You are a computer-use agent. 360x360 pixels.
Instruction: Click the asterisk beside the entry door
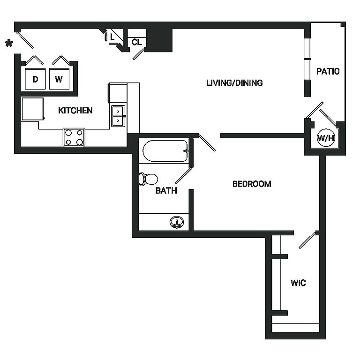point(8,44)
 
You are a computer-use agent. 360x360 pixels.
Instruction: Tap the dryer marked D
point(35,79)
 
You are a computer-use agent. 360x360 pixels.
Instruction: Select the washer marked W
point(59,79)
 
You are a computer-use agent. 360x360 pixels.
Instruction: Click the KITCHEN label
point(75,111)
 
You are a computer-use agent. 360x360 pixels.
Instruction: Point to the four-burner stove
point(74,137)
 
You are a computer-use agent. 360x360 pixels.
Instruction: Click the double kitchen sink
point(118,116)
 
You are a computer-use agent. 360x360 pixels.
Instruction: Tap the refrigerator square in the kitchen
point(32,109)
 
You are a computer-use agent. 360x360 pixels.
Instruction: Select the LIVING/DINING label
point(234,83)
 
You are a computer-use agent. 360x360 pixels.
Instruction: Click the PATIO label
point(328,72)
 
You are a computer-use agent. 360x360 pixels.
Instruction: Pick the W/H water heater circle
point(326,138)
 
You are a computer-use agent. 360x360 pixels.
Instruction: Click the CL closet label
point(136,42)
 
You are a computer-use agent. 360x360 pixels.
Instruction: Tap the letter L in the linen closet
point(112,36)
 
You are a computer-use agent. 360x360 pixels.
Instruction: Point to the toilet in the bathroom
point(148,179)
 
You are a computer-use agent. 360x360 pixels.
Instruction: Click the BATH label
point(166,191)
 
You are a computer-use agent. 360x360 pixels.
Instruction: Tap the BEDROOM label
point(252,184)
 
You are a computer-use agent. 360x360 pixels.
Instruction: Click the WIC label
point(298,283)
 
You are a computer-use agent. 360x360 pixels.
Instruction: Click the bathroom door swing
point(184,175)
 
